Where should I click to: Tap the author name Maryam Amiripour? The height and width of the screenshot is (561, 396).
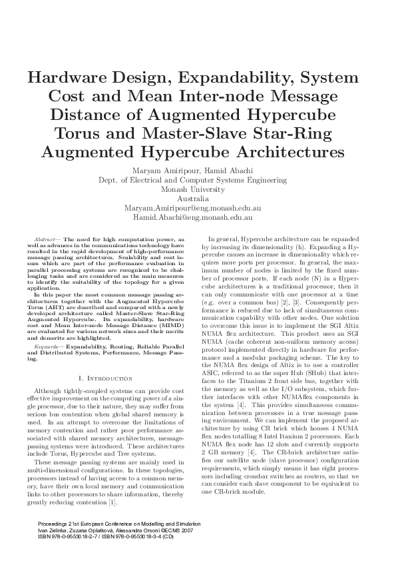[x=168, y=170]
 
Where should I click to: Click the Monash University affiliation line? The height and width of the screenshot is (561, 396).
[x=198, y=189]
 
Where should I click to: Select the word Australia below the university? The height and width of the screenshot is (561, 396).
[x=198, y=199]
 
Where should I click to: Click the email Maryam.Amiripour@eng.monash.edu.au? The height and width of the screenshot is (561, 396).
[x=198, y=208]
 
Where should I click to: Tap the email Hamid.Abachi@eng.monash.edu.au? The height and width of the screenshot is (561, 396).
[x=198, y=217]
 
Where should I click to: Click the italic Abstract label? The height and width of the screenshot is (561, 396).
[x=45, y=238]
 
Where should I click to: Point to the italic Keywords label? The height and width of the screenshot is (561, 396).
[x=46, y=347]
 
